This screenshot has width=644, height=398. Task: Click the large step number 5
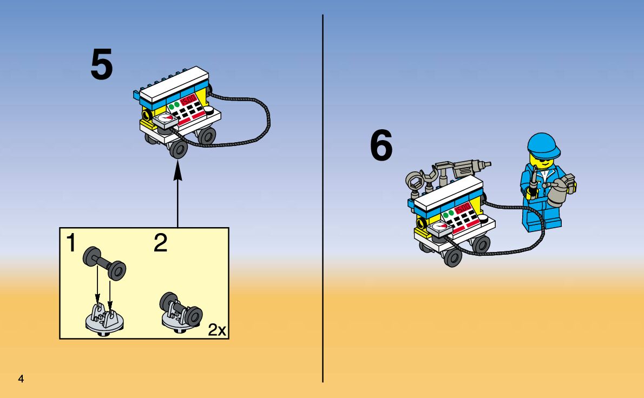pyautogui.click(x=102, y=65)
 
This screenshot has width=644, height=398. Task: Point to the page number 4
pyautogui.click(x=21, y=379)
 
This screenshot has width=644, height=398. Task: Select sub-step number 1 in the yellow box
pyautogui.click(x=71, y=243)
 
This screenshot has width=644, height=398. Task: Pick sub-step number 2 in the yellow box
pyautogui.click(x=160, y=243)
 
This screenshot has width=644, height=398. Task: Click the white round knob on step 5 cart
pyautogui.click(x=209, y=111)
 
